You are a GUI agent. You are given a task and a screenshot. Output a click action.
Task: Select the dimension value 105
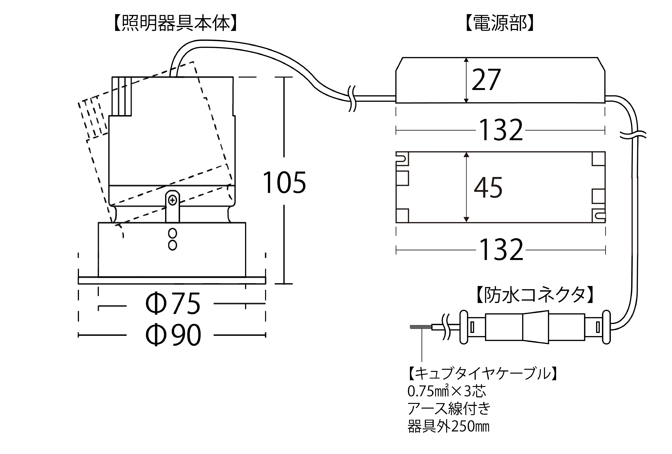point(284,183)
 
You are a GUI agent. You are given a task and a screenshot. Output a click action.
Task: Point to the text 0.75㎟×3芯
point(447,391)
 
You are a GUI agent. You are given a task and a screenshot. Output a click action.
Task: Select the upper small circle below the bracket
point(173,233)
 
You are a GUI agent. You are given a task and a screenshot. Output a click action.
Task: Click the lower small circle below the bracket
point(173,245)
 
